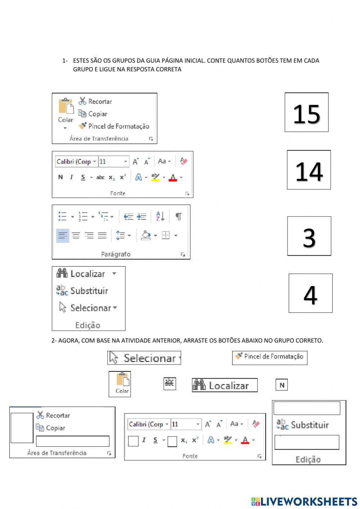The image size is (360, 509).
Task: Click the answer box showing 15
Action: [x=306, y=112]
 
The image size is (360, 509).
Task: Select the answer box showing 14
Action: [x=309, y=170]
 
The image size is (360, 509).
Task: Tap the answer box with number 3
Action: [x=309, y=236]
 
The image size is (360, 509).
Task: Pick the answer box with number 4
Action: [x=310, y=293]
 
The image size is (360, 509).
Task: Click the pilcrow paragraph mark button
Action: [x=178, y=216]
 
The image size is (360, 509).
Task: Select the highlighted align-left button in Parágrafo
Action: [x=63, y=236]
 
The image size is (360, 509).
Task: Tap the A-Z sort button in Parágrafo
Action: [x=160, y=216]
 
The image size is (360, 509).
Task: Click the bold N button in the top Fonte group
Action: [x=60, y=177]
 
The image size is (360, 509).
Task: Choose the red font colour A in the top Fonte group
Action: [x=173, y=177]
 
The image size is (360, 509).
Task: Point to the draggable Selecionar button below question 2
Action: [x=144, y=358]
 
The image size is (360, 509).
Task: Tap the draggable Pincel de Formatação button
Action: [x=270, y=357]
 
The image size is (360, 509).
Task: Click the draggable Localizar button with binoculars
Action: [x=225, y=385]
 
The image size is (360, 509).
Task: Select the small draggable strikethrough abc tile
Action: [x=170, y=383]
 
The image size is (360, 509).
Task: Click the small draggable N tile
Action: [x=282, y=385]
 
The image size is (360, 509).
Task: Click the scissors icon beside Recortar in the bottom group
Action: [x=40, y=415]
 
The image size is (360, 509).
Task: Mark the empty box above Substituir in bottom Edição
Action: [x=307, y=408]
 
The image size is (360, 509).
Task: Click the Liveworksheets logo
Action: [x=304, y=501]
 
